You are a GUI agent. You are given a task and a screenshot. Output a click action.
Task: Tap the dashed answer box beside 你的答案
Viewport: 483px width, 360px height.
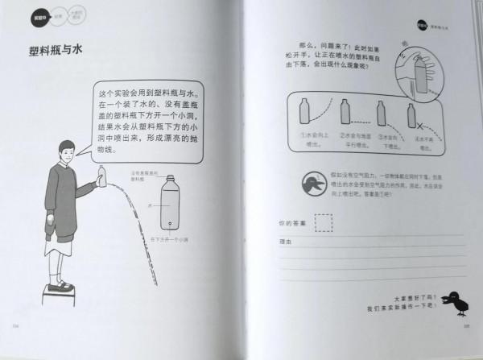[x=323, y=221]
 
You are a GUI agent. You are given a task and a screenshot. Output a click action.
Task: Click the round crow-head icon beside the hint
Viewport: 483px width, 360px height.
[x=312, y=183]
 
